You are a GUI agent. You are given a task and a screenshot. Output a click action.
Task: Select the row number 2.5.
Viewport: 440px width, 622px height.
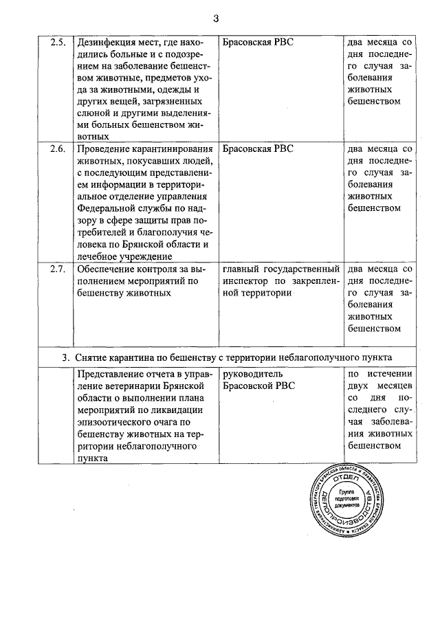click(x=58, y=42)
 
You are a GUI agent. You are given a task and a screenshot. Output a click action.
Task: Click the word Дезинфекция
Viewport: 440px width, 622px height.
click(x=109, y=42)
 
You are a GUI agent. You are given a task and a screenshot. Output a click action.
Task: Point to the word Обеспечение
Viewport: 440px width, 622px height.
click(x=109, y=269)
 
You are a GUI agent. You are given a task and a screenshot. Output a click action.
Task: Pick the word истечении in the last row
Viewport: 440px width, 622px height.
click(x=390, y=375)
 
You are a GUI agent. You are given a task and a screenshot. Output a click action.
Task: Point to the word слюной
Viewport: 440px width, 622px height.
click(x=93, y=113)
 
